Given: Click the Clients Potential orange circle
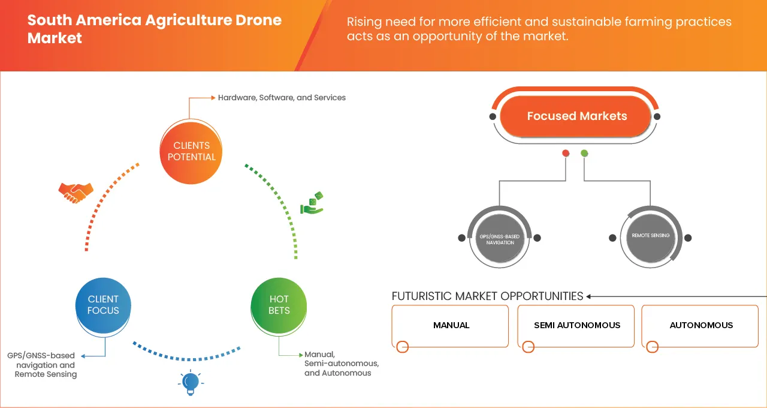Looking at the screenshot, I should [191, 151].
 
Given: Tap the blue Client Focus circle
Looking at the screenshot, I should [103, 305].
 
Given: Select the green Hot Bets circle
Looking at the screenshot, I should [279, 305].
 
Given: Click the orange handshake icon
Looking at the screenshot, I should [76, 192].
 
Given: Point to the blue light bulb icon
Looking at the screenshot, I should [190, 383].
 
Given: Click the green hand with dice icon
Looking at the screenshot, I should [312, 203].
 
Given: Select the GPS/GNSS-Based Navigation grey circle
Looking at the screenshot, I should [499, 238].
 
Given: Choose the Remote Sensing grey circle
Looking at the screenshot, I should [650, 236].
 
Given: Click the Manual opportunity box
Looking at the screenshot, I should [451, 325].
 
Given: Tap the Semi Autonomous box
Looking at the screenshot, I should [576, 325].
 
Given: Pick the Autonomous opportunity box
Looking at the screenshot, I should [700, 325].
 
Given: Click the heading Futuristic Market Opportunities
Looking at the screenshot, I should [487, 296].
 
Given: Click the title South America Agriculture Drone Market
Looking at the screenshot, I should [154, 29].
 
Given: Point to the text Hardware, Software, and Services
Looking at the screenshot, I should [282, 97].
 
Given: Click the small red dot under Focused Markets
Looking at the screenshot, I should [566, 153].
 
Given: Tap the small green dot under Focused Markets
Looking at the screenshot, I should [584, 153].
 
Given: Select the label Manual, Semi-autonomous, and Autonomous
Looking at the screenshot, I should [341, 364].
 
